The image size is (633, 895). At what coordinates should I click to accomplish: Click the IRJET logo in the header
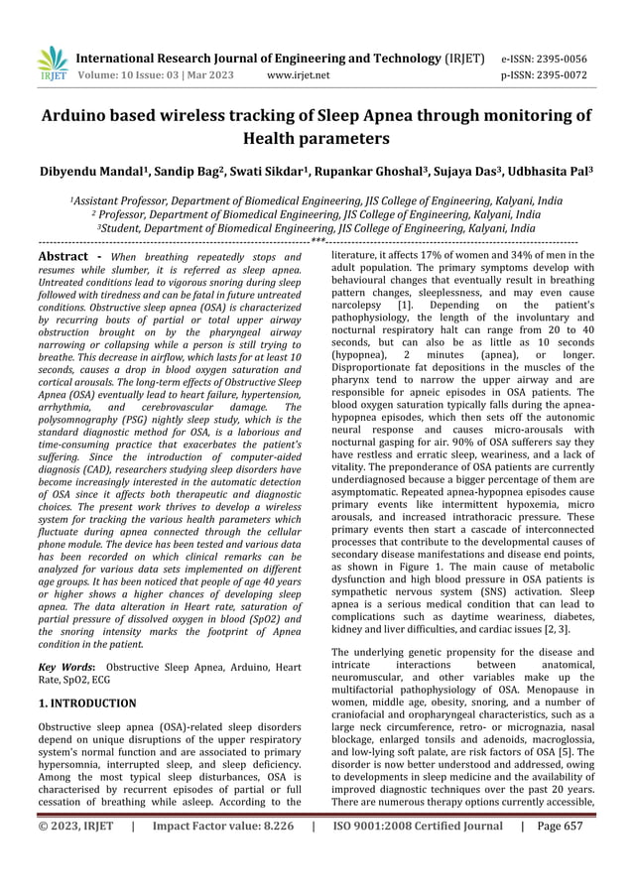click(53, 64)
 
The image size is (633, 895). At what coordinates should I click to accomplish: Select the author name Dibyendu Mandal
click(90, 172)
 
